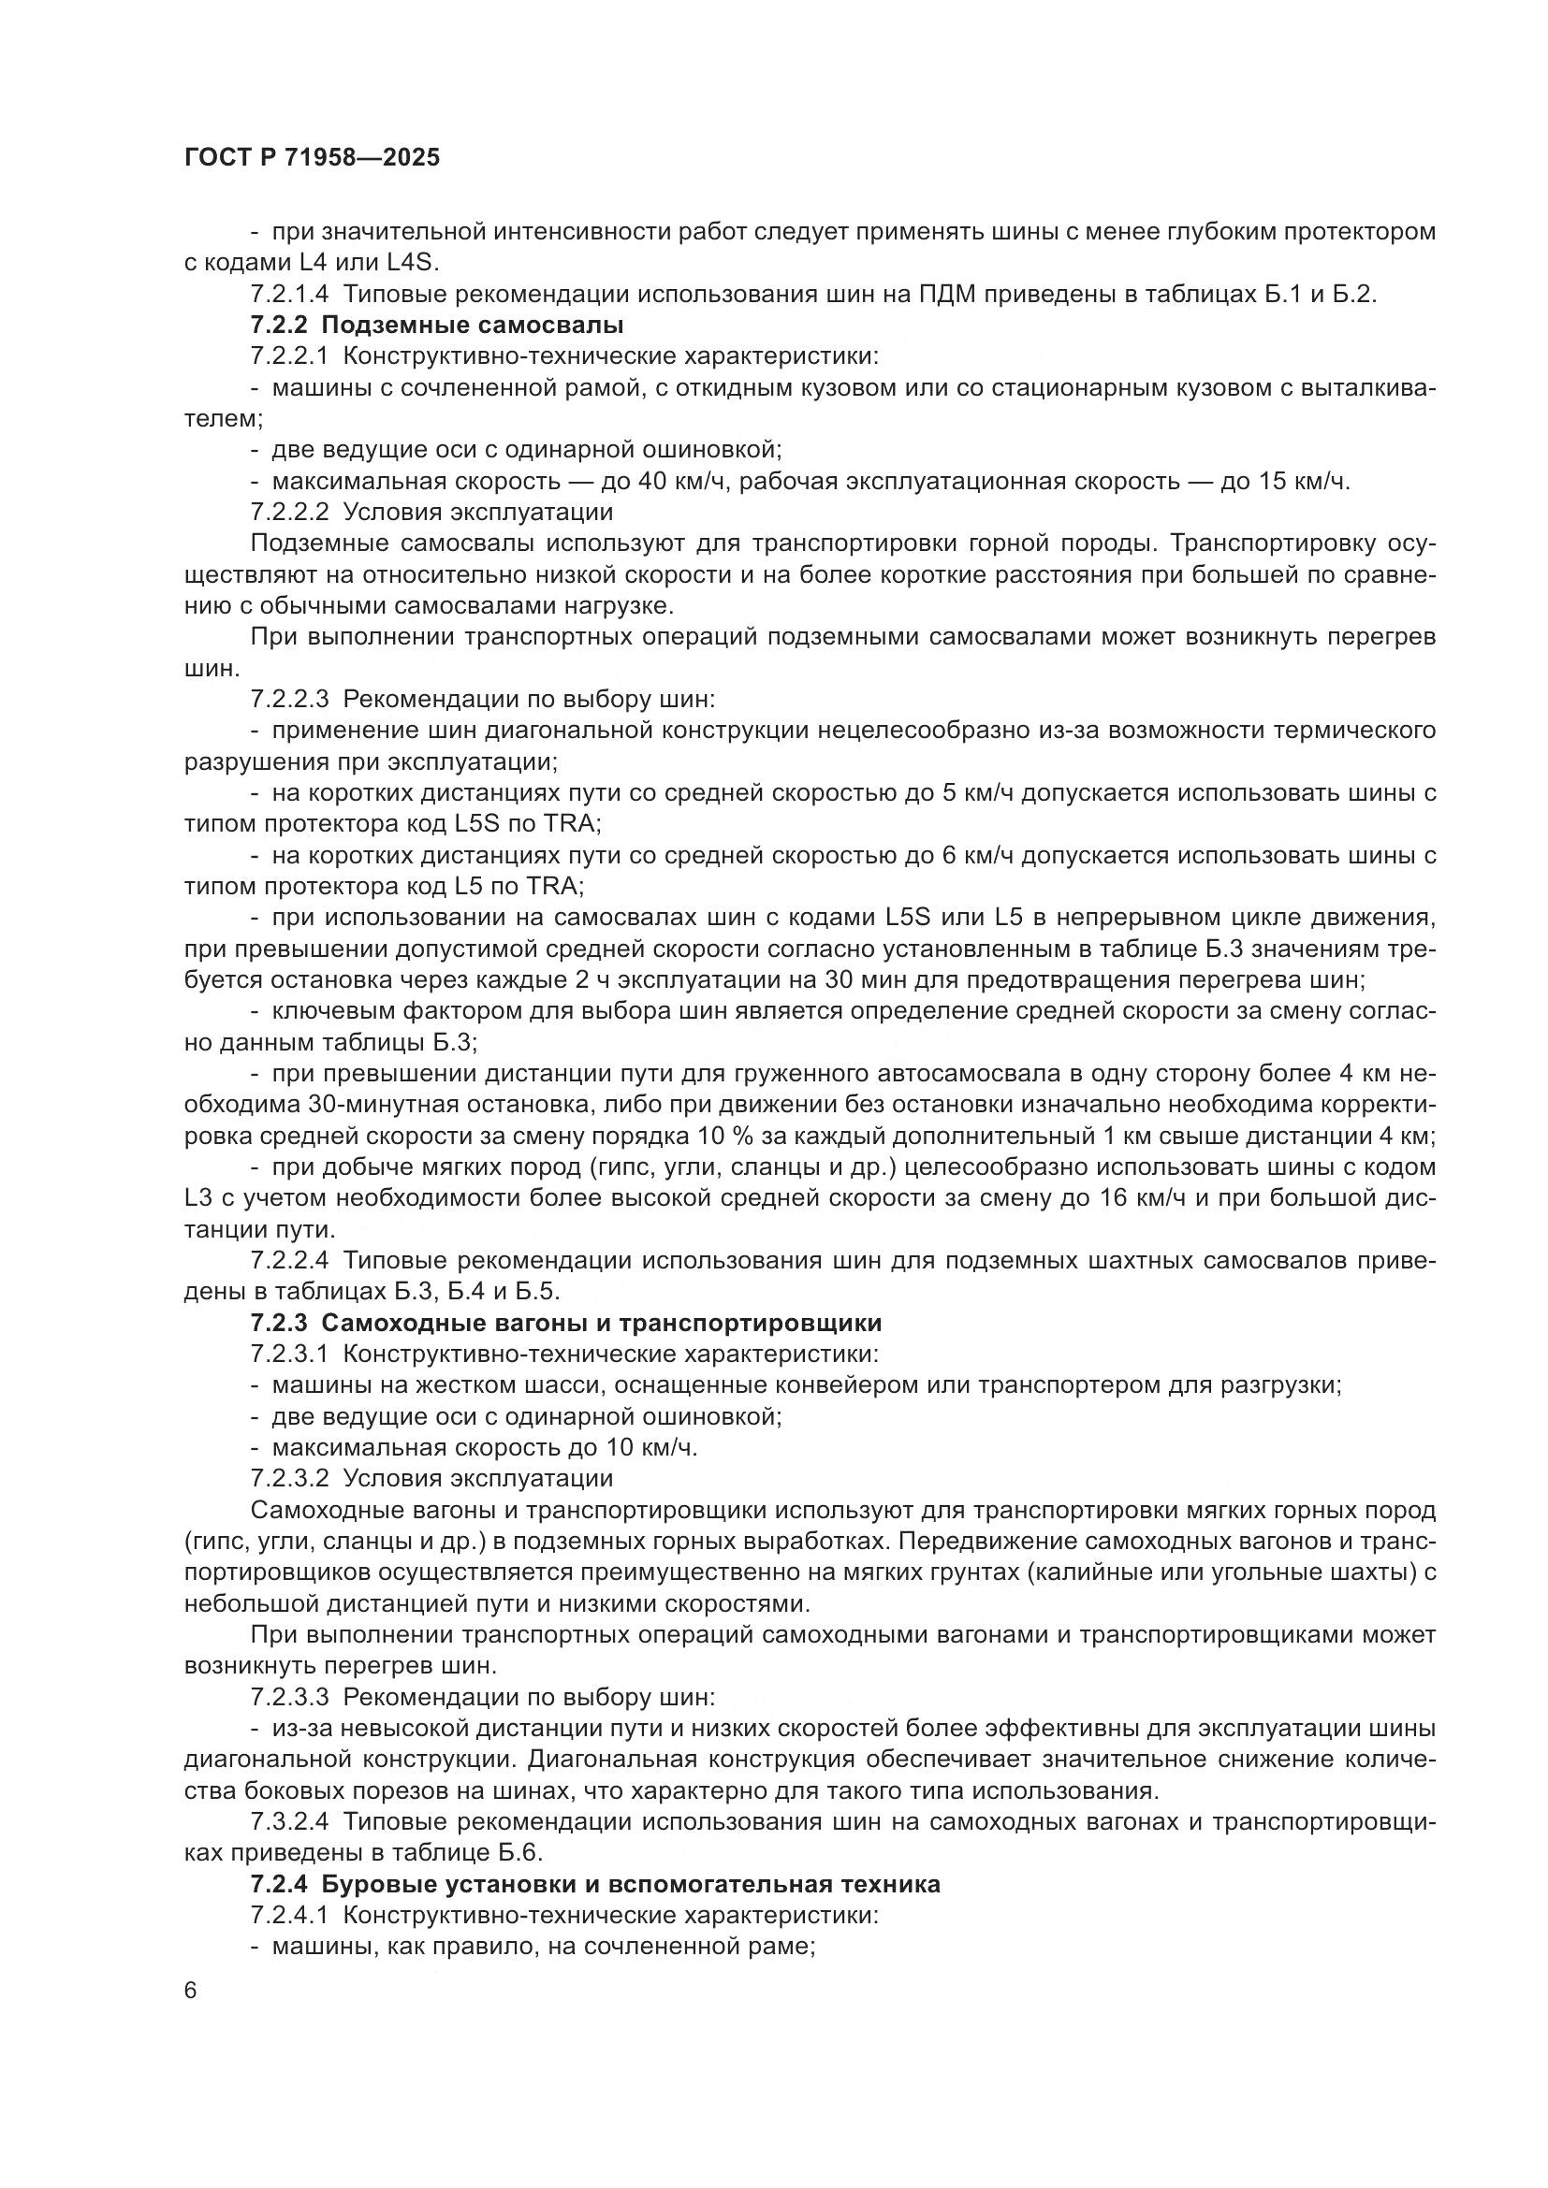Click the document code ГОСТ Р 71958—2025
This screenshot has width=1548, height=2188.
[x=312, y=158]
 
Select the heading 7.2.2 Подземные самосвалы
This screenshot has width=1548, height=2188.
[x=437, y=326]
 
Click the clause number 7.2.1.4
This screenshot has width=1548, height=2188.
[x=290, y=295]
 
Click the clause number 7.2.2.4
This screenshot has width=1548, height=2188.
[x=290, y=1261]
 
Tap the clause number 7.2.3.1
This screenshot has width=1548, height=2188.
[x=290, y=1355]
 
